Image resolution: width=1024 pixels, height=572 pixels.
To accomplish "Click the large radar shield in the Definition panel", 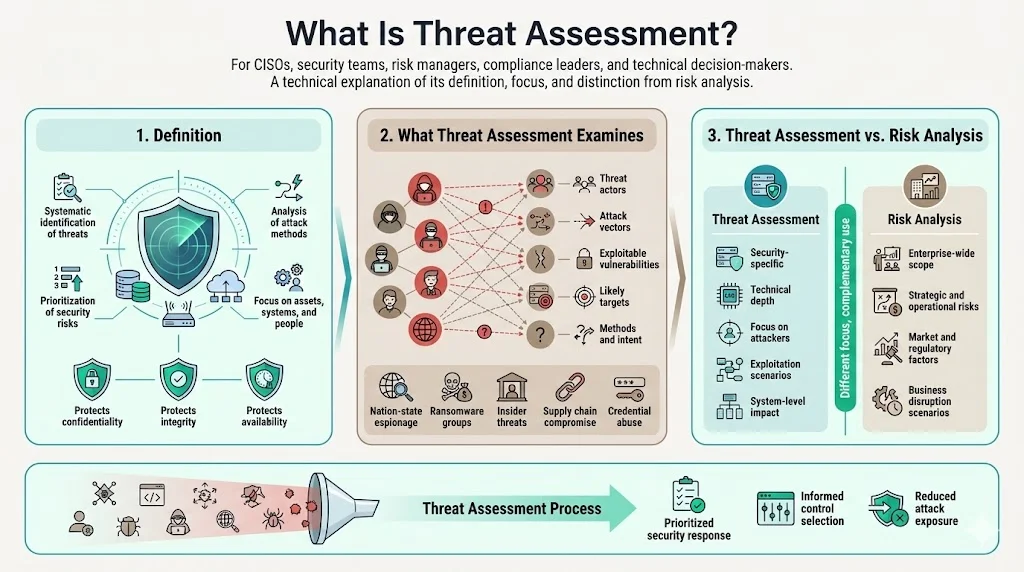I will [x=181, y=234].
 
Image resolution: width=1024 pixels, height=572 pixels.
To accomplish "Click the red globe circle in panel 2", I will [x=428, y=327].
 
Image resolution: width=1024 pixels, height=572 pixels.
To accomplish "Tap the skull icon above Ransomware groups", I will [x=458, y=385].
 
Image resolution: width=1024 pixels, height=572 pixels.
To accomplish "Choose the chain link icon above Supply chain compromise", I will [x=570, y=385].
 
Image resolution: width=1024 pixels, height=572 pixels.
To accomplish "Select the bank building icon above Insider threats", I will [x=512, y=385].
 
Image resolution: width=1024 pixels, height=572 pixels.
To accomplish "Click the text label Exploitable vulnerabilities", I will [x=629, y=259].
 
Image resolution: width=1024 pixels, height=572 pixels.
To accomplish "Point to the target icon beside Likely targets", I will [x=586, y=296].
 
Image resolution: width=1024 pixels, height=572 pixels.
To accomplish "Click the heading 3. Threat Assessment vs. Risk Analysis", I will [x=846, y=135].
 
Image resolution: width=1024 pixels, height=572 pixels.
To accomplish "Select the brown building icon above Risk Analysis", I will [x=922, y=186].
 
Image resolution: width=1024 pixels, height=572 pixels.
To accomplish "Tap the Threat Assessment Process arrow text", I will [x=512, y=508].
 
